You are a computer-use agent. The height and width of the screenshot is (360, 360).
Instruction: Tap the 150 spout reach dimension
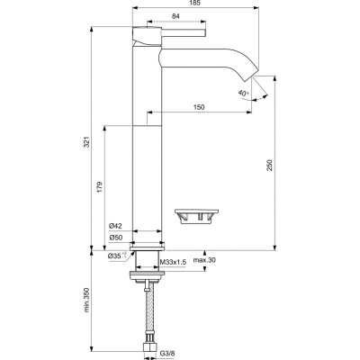pos(197,107)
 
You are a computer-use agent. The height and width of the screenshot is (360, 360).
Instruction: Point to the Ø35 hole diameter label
pos(114,257)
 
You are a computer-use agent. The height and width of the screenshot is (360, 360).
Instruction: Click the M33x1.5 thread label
pos(172,263)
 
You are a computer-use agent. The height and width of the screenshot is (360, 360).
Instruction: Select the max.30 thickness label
pos(204,261)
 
